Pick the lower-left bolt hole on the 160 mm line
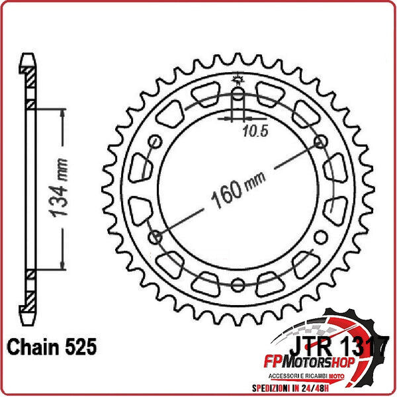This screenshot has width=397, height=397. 156,237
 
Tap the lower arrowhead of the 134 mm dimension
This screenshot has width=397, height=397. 63,267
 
